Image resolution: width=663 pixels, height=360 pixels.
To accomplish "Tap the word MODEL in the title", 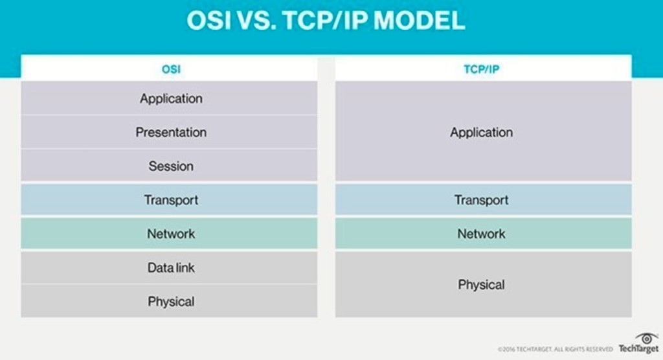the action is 420,20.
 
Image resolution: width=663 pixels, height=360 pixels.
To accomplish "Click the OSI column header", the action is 171,69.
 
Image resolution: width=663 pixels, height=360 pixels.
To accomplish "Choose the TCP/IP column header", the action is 482,69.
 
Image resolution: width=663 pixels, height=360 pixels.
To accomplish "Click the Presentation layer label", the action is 171,132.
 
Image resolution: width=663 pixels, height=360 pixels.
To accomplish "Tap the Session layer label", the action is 171,166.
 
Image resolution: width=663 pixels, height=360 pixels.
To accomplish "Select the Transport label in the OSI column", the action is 171,200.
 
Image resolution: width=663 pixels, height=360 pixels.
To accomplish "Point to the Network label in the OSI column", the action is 171,234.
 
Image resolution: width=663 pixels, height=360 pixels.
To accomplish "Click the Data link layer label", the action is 171,268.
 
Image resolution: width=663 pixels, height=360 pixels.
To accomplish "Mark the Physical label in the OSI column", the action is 171,302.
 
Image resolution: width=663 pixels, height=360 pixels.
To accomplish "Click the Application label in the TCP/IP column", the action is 482,133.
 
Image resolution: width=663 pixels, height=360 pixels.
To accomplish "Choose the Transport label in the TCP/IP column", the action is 482,200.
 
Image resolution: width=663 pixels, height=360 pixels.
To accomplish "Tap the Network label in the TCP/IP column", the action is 482,234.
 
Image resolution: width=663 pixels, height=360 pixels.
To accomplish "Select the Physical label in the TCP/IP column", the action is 482,285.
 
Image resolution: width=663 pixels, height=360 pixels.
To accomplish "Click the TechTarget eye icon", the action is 647,339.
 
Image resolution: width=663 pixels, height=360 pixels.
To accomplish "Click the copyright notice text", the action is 555,350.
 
